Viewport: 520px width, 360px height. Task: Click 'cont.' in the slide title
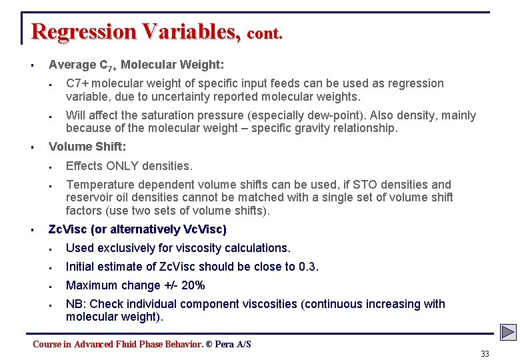coord(265,33)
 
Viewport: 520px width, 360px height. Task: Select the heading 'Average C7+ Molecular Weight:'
coord(136,65)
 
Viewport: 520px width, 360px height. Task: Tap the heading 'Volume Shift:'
coord(87,147)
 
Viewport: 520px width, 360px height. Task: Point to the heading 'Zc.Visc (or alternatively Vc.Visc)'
coord(137,229)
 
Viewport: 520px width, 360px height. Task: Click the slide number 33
coord(485,354)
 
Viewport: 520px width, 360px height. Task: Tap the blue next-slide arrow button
coord(509,332)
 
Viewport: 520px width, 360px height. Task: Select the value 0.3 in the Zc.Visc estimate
coord(308,267)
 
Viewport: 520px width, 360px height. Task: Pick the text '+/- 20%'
coord(184,285)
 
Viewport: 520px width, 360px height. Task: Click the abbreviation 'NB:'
coord(76,304)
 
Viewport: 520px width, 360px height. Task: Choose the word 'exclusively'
coord(128,248)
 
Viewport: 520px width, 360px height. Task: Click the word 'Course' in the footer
coord(47,344)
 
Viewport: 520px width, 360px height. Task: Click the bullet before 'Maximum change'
coord(50,286)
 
